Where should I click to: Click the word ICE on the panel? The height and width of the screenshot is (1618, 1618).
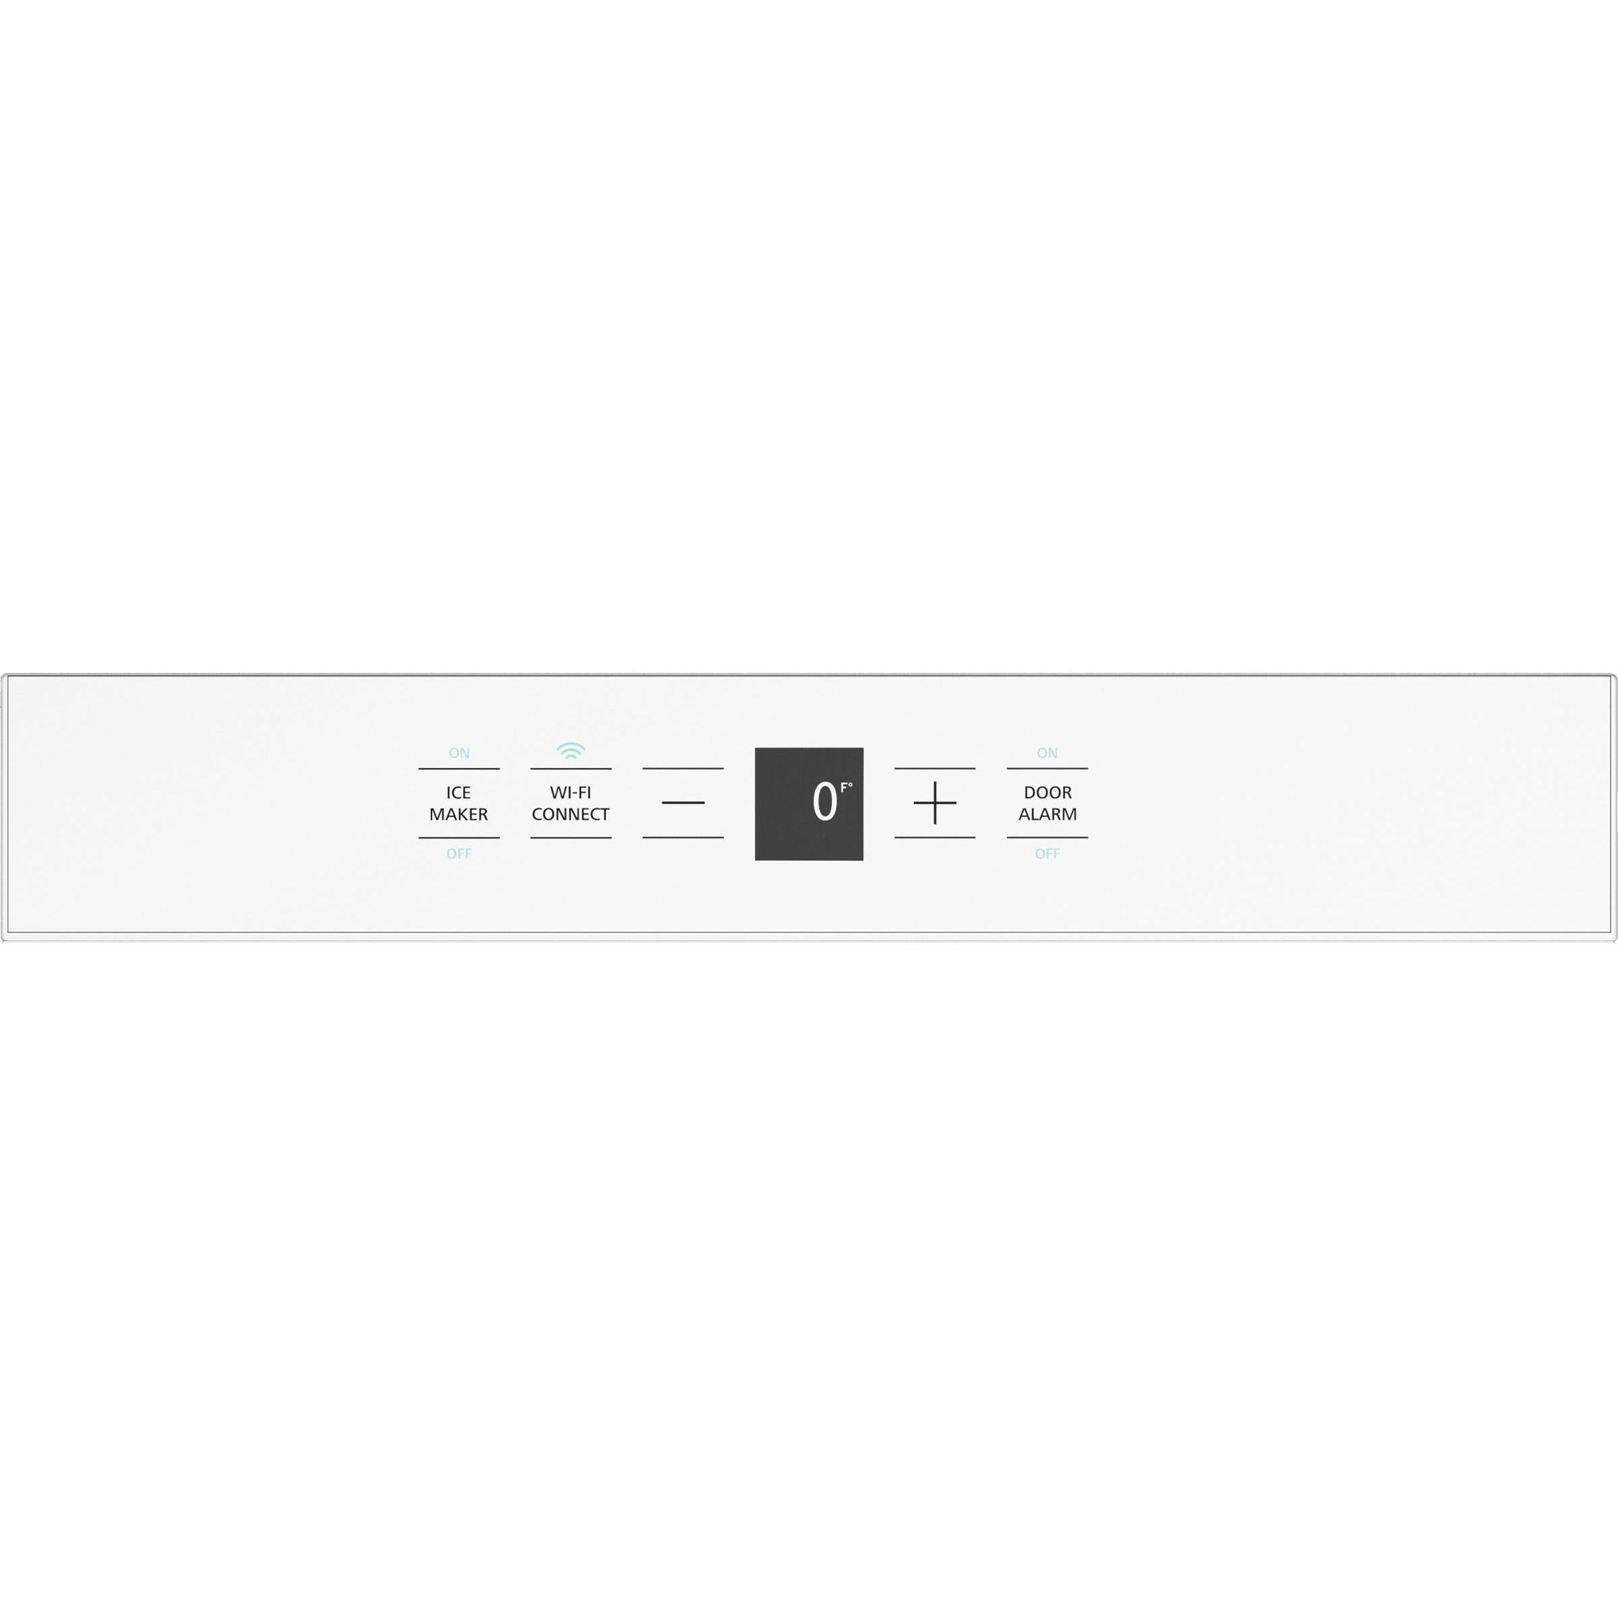(x=458, y=792)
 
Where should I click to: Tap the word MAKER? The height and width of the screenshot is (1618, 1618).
(x=458, y=814)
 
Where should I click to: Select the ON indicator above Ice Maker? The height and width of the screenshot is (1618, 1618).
(x=459, y=753)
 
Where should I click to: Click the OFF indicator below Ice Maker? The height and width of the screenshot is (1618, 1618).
(x=459, y=854)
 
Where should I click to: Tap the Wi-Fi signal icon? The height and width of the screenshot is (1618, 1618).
(x=570, y=751)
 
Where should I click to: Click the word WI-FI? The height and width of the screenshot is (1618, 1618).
(x=570, y=792)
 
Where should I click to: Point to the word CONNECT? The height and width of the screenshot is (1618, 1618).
(x=570, y=814)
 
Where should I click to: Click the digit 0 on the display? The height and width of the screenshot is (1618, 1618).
(x=824, y=802)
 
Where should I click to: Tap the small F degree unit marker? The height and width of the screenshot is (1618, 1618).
(x=846, y=787)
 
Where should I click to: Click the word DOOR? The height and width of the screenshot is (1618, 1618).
(x=1047, y=792)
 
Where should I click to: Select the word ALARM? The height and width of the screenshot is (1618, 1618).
(x=1047, y=814)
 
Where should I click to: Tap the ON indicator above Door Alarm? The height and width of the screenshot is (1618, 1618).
(x=1047, y=753)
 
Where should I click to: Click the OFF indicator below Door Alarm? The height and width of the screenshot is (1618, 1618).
(x=1047, y=854)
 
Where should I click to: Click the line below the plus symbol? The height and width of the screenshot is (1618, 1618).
(x=934, y=837)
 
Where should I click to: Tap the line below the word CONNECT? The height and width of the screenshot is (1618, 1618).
(x=570, y=837)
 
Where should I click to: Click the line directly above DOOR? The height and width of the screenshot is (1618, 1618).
(x=1047, y=768)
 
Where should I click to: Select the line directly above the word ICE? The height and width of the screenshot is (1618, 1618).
(x=459, y=768)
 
